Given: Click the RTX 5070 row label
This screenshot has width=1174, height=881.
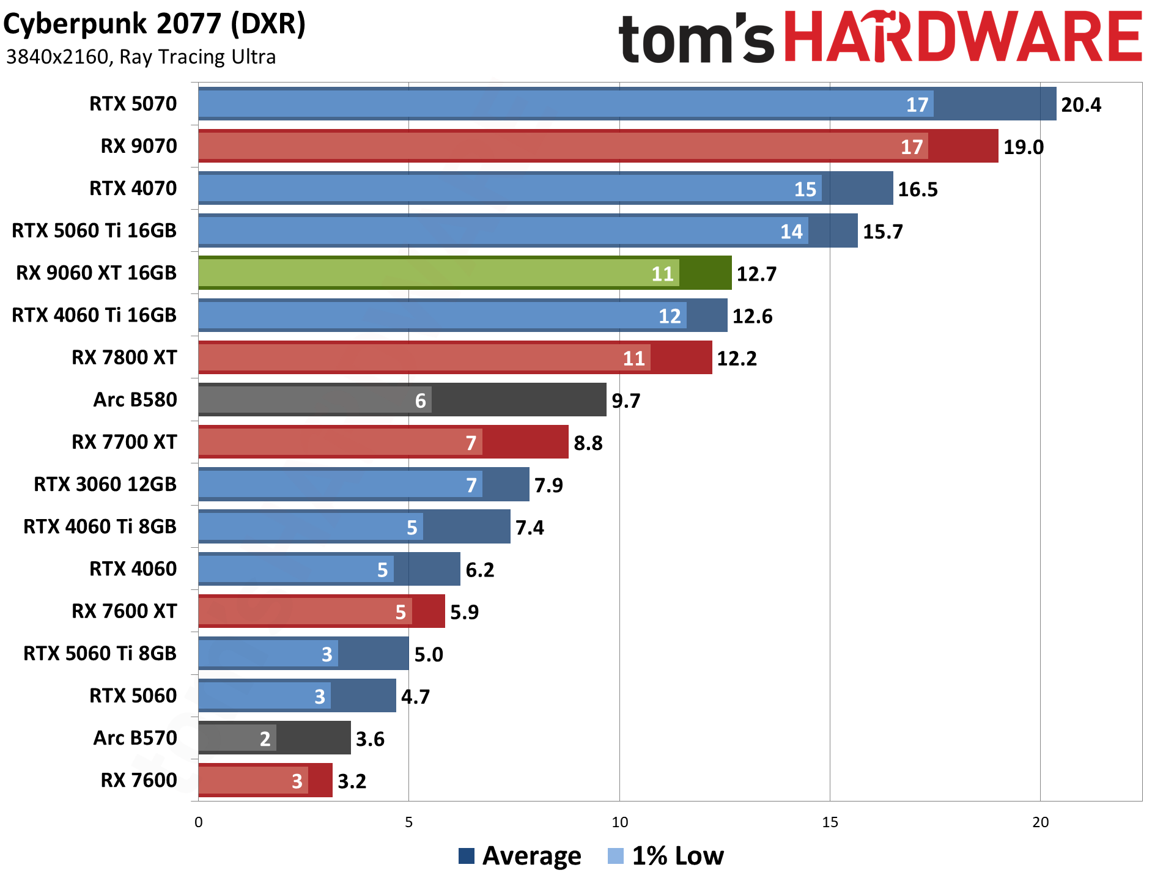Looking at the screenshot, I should click(133, 104).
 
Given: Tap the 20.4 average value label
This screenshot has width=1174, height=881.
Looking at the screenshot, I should click(1080, 105).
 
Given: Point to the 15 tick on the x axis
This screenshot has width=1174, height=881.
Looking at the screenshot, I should click(830, 822).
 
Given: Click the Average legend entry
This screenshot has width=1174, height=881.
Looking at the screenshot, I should click(520, 856).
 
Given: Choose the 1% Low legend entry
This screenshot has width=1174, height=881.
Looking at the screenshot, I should click(666, 856).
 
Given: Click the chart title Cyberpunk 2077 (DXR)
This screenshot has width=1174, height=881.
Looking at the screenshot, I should click(154, 24).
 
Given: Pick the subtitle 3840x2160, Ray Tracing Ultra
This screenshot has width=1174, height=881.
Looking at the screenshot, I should click(141, 57).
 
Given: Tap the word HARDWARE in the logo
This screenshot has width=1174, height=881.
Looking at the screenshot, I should click(962, 38).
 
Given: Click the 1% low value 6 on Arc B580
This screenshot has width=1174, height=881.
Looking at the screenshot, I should click(420, 401).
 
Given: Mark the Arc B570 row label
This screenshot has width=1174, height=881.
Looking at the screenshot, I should click(135, 738).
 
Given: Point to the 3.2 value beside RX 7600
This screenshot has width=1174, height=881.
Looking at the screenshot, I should click(352, 781).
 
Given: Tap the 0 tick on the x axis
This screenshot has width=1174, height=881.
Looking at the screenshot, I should click(198, 822).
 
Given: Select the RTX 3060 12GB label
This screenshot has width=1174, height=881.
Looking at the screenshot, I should click(105, 484).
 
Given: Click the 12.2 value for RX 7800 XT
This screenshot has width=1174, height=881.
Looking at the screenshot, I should click(736, 358).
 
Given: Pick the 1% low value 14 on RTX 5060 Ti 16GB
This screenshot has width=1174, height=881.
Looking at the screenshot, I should click(791, 232).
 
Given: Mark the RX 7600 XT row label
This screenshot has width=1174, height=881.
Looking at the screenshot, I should click(124, 611).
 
